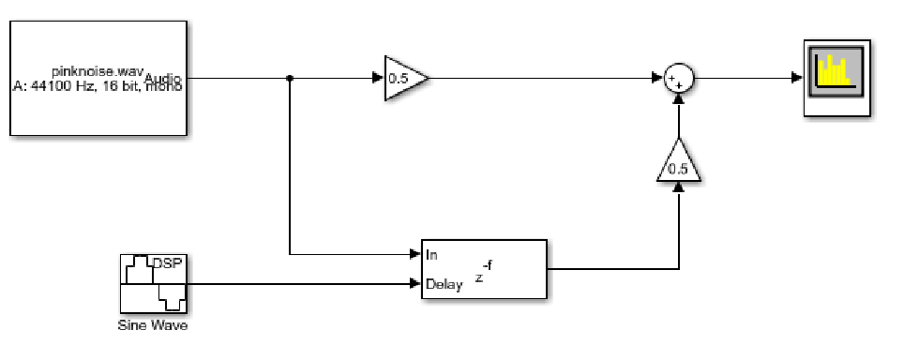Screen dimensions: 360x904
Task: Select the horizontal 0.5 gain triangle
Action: click(x=402, y=79)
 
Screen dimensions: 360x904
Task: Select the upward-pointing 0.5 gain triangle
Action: click(x=678, y=167)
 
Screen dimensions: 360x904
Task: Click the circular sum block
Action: click(x=677, y=79)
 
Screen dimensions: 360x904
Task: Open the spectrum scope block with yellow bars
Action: click(x=836, y=78)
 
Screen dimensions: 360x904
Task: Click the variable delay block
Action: click(x=506, y=269)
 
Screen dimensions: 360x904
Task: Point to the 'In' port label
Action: click(x=432, y=254)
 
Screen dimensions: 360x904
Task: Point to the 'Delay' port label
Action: click(x=444, y=284)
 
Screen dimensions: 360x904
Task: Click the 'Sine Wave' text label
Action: click(x=153, y=326)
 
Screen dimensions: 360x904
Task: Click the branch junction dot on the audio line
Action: click(x=290, y=79)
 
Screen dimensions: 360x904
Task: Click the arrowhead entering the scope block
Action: click(x=797, y=79)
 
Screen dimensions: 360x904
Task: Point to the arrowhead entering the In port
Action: click(x=415, y=254)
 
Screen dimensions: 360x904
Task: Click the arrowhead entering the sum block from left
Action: click(x=657, y=79)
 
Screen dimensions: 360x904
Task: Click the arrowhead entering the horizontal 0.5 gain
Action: click(x=378, y=79)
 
